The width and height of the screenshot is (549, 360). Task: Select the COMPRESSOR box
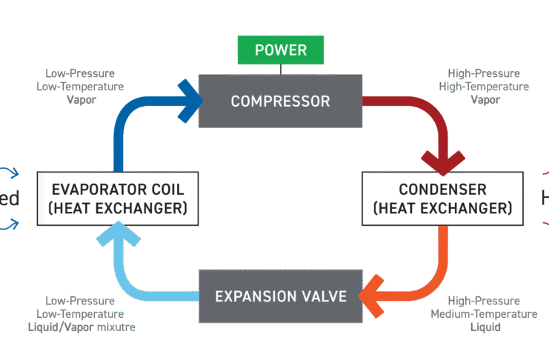coord(280,100)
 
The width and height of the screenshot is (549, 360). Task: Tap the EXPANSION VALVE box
coord(280,297)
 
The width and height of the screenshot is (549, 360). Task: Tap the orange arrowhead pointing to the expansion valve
coord(370,297)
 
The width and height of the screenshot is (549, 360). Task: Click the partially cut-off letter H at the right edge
coord(544,199)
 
